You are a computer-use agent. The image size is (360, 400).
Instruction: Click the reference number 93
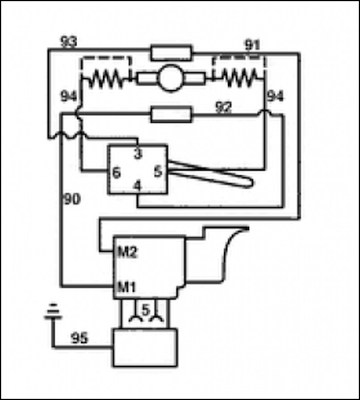point(69,42)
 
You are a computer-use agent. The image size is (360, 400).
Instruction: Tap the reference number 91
point(252,45)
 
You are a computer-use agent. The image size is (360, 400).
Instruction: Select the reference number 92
point(224,107)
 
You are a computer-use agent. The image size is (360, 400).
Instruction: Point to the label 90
point(72,199)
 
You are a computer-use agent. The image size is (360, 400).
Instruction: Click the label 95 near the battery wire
point(80,338)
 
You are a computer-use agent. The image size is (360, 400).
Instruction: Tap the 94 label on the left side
point(69,97)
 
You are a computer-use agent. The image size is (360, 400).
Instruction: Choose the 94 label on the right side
point(275,96)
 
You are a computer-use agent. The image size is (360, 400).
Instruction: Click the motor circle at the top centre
point(171,78)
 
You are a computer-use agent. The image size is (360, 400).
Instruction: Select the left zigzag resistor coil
point(106,78)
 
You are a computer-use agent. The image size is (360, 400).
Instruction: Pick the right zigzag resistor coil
point(239,78)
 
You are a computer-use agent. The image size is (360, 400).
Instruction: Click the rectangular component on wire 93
point(171,53)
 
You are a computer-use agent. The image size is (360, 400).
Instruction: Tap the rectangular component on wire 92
point(171,114)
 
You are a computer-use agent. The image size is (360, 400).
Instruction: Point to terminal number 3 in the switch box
point(138,154)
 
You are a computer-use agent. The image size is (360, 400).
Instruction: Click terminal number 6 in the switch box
point(116,173)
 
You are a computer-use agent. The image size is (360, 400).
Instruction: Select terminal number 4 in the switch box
point(138,186)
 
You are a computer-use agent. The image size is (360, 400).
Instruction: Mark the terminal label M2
point(127,252)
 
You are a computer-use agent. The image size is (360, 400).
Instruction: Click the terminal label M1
point(127,287)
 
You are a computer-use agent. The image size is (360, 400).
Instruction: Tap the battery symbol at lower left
point(53,312)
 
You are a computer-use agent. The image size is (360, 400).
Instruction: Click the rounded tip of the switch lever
point(251,182)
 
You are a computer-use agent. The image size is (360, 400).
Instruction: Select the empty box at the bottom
point(145,348)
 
